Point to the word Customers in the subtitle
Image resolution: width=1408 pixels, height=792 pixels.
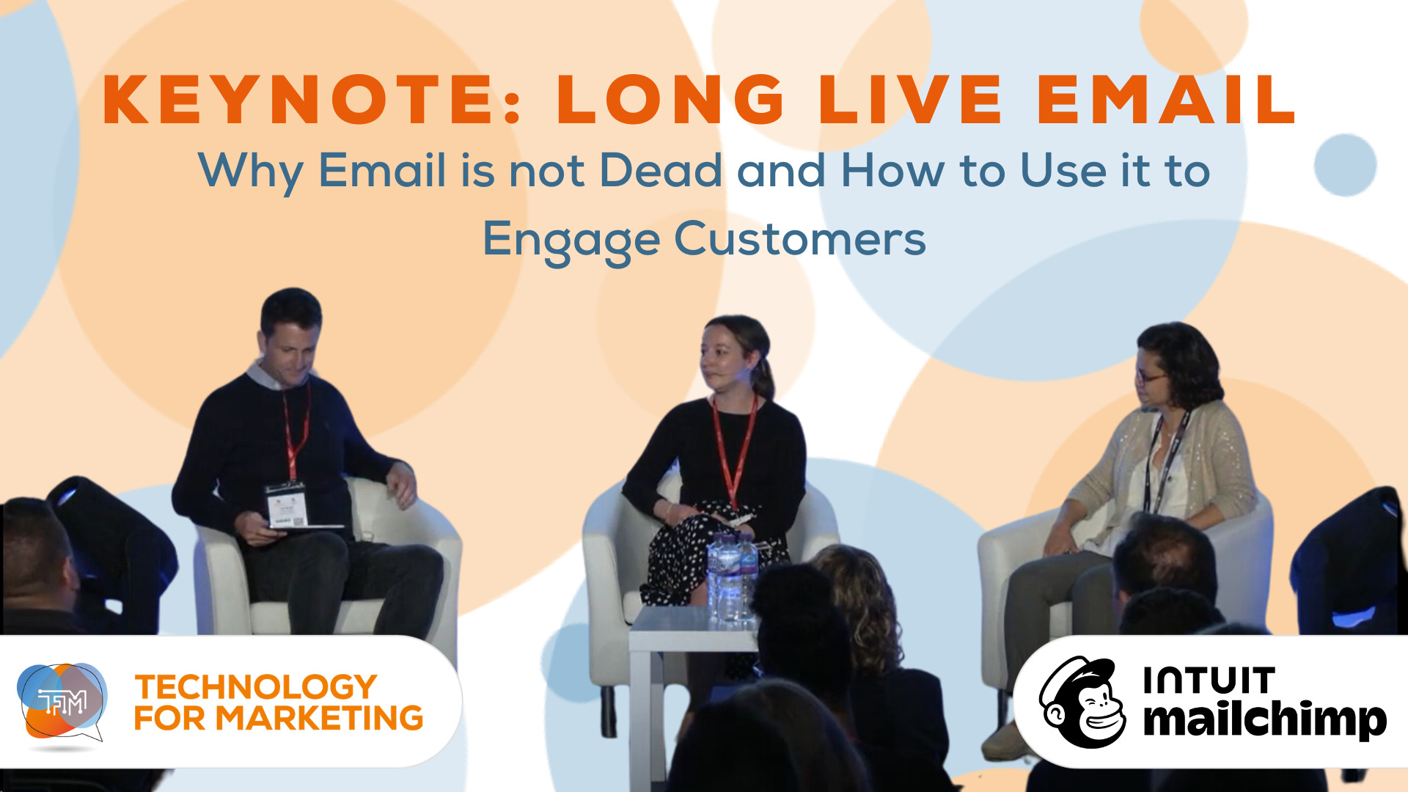pos(800,240)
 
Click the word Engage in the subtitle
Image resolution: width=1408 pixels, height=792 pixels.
pos(571,240)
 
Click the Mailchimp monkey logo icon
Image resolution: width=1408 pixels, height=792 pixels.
pos(1082,703)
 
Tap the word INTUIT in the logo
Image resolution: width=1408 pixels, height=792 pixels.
pos(1209,681)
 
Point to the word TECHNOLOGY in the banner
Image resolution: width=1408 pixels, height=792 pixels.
pos(255,687)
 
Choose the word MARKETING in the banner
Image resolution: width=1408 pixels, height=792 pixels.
pos(319,719)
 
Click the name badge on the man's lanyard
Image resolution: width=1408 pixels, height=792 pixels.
pos(286,505)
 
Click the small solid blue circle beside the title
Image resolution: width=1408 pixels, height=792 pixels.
pos(1344,165)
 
